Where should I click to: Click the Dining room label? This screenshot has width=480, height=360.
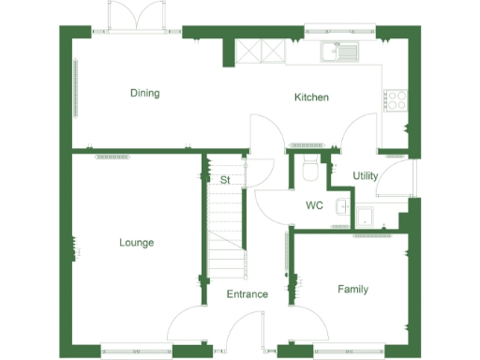pyautogui.click(x=144, y=93)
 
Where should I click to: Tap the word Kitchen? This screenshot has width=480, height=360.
pyautogui.click(x=311, y=97)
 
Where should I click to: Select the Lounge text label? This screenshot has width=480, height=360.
pyautogui.click(x=136, y=243)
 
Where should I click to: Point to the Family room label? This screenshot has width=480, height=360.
pyautogui.click(x=352, y=290)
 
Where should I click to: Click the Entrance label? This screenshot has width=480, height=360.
pyautogui.click(x=247, y=294)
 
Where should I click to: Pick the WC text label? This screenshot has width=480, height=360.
pyautogui.click(x=314, y=205)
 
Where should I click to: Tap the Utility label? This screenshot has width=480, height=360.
pyautogui.click(x=366, y=176)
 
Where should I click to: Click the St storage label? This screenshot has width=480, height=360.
pyautogui.click(x=225, y=179)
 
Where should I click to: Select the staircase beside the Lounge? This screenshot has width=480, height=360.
pyautogui.click(x=225, y=234)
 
